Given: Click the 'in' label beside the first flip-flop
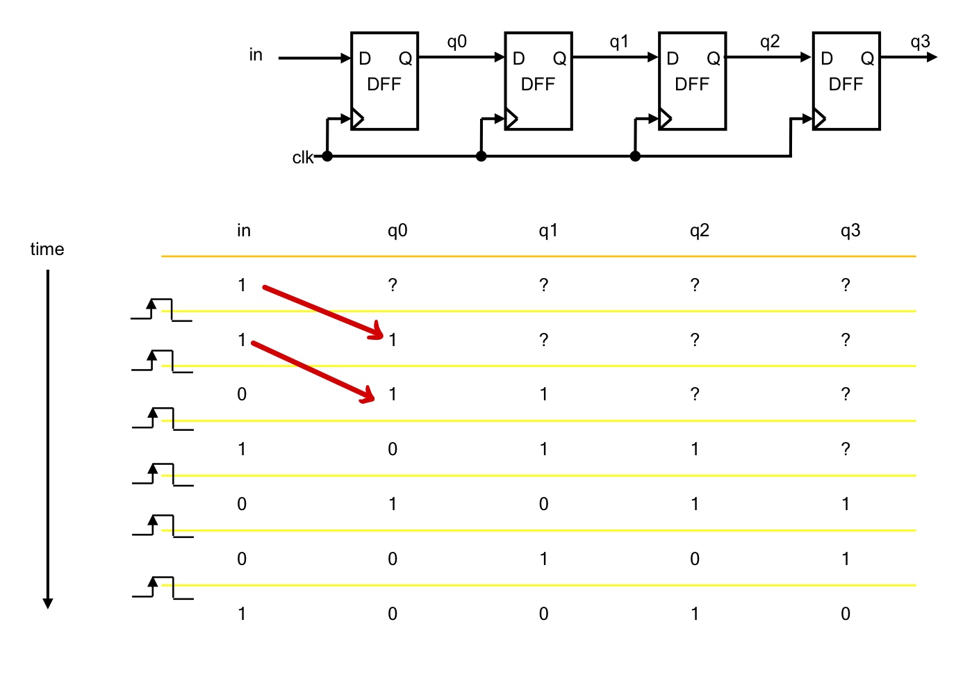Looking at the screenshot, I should [x=256, y=55].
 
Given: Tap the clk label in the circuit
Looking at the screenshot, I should [x=302, y=158].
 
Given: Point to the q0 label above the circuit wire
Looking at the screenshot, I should [x=456, y=42].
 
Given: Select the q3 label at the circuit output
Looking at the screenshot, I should [x=920, y=42].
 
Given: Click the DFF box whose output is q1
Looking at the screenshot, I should [x=538, y=81].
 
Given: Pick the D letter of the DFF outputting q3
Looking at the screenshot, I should [x=826, y=59].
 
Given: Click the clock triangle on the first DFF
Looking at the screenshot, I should [x=357, y=119].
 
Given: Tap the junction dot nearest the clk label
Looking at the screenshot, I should [x=327, y=156].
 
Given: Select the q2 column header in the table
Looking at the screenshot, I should [x=699, y=231].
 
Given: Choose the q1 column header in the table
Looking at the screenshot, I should [x=548, y=231].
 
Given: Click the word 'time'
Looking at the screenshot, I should [x=47, y=250].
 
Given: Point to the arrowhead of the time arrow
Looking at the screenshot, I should [x=48, y=603].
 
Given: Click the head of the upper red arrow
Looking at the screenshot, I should [x=378, y=332].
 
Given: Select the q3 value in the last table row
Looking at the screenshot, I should [x=845, y=614].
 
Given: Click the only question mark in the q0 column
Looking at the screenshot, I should [x=393, y=285].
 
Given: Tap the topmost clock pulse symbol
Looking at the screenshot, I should [x=161, y=309].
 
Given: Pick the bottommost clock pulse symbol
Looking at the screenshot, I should [x=162, y=587].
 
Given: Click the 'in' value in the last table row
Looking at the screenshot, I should [x=242, y=614].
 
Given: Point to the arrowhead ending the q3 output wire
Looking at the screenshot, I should [x=932, y=57].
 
